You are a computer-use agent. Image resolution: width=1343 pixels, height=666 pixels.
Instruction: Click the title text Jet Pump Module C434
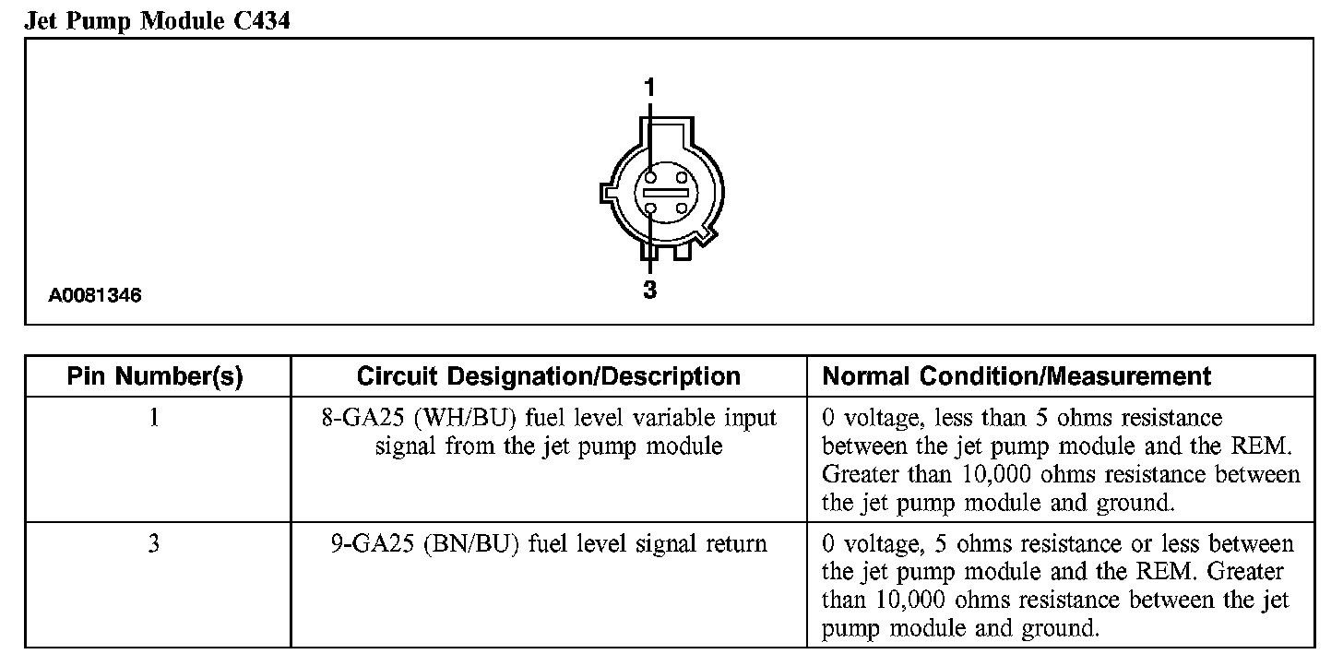click(158, 20)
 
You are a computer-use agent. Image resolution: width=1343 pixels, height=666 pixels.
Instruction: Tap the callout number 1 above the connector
click(649, 88)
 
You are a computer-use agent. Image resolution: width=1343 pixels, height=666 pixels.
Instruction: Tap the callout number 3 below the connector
click(649, 290)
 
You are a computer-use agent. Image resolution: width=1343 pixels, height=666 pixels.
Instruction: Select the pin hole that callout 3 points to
click(651, 209)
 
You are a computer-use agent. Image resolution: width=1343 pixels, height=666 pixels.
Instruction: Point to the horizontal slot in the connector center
click(666, 193)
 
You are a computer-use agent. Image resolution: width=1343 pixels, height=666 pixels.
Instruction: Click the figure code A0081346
click(96, 296)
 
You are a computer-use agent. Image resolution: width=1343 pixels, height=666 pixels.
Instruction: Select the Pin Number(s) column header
click(155, 376)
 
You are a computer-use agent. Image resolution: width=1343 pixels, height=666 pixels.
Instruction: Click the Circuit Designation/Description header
click(548, 376)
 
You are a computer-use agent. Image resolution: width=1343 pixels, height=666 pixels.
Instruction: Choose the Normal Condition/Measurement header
click(1016, 376)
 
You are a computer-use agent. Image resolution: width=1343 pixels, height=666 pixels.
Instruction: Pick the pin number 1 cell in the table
click(154, 418)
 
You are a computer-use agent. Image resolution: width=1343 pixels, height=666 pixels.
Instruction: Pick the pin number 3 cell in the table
click(154, 543)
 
